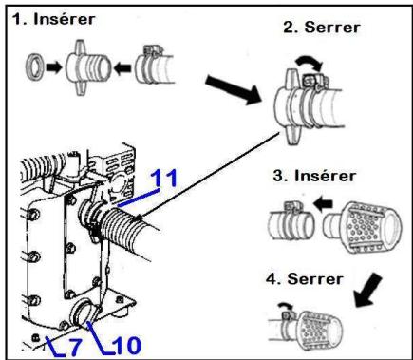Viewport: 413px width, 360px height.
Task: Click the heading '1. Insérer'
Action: (x=53, y=19)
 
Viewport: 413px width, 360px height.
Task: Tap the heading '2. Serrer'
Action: (x=322, y=28)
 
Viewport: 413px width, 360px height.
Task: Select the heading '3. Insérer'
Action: (x=314, y=176)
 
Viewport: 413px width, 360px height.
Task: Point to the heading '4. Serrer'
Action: (x=305, y=279)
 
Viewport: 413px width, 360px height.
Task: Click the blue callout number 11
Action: (x=164, y=178)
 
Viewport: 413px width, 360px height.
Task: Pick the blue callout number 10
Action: (x=126, y=345)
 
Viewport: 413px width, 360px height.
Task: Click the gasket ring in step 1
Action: (x=34, y=67)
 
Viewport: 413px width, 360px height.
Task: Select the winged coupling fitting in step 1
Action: (x=87, y=66)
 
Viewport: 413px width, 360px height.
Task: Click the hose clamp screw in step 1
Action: (x=153, y=49)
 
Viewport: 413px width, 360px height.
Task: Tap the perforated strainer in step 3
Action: (x=363, y=226)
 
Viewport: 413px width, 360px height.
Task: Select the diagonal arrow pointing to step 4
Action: (x=367, y=291)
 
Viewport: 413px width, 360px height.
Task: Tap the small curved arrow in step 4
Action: (x=285, y=307)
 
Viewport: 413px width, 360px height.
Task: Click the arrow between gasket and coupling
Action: (x=53, y=67)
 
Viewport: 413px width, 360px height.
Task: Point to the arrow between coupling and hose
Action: (x=122, y=68)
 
